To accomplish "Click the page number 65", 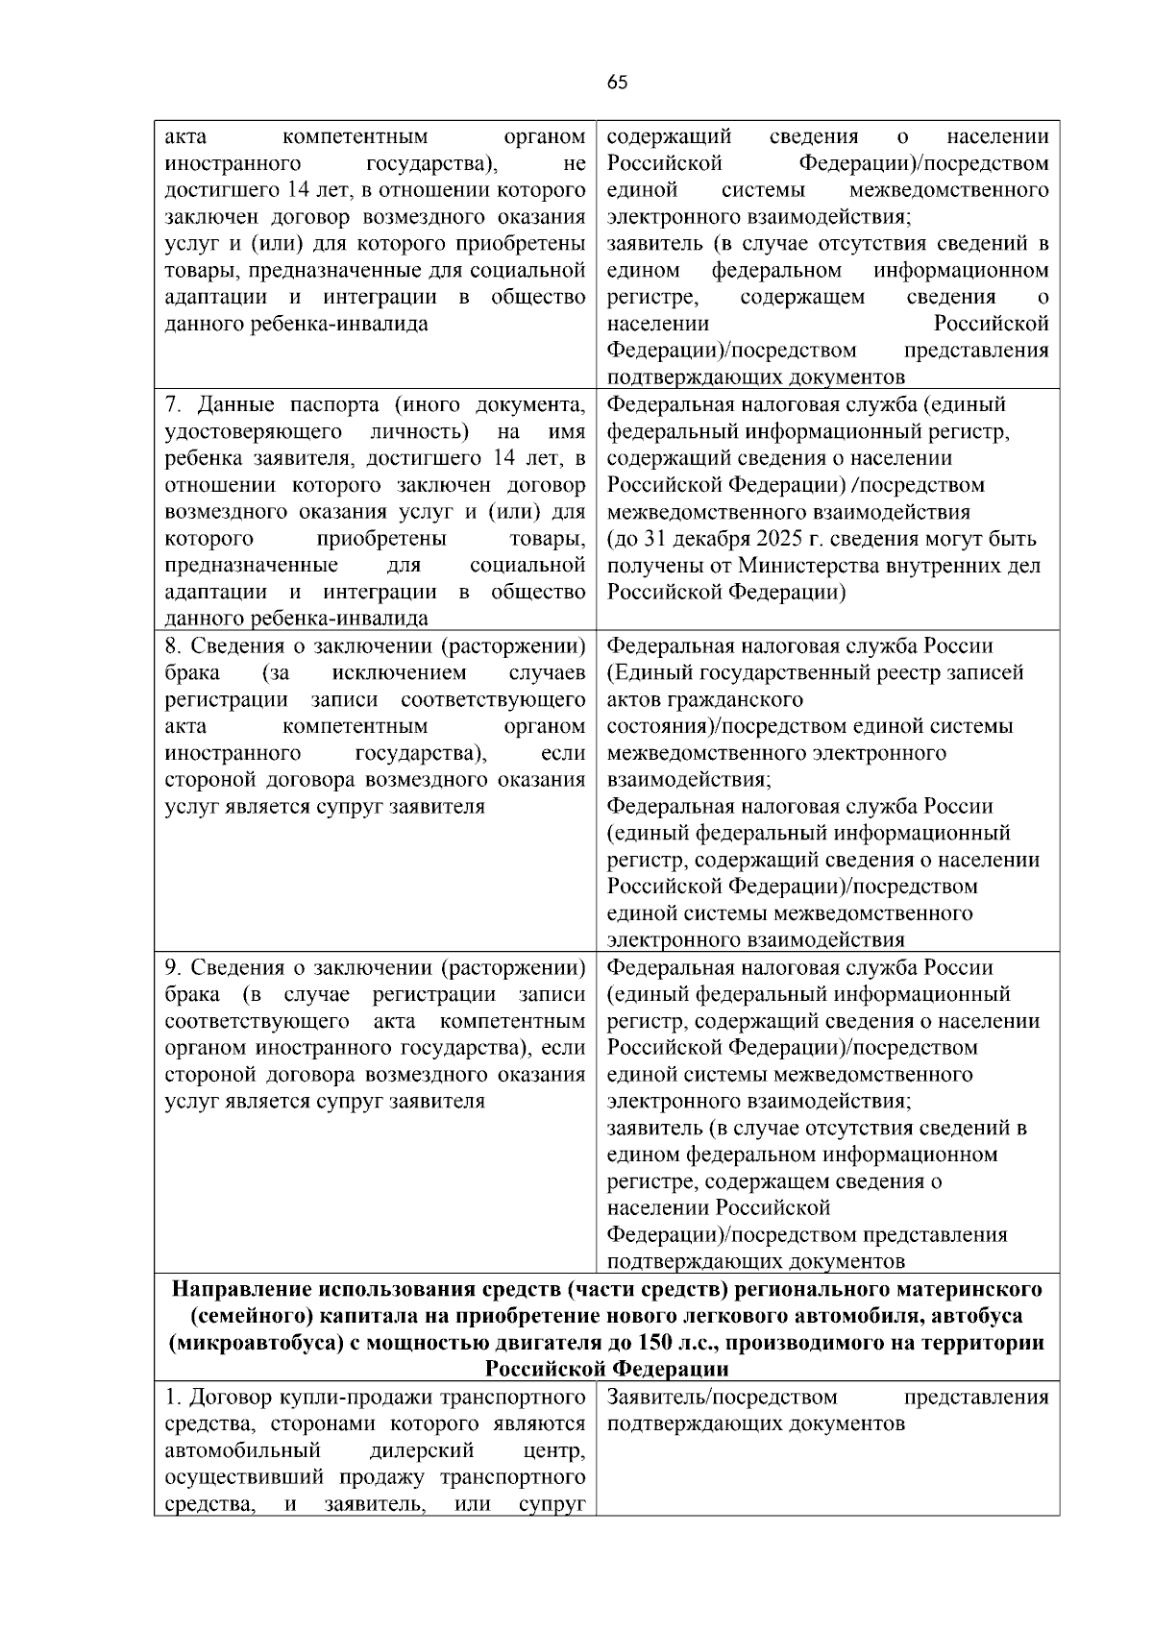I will pos(618,83).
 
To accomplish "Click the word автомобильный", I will pos(242,1449).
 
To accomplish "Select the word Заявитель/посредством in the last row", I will pos(722,1397).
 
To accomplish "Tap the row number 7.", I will pos(174,404).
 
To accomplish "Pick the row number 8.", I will pos(174,645).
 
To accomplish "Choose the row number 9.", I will pos(174,967).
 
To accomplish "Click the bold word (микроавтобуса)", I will pos(255,1342).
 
